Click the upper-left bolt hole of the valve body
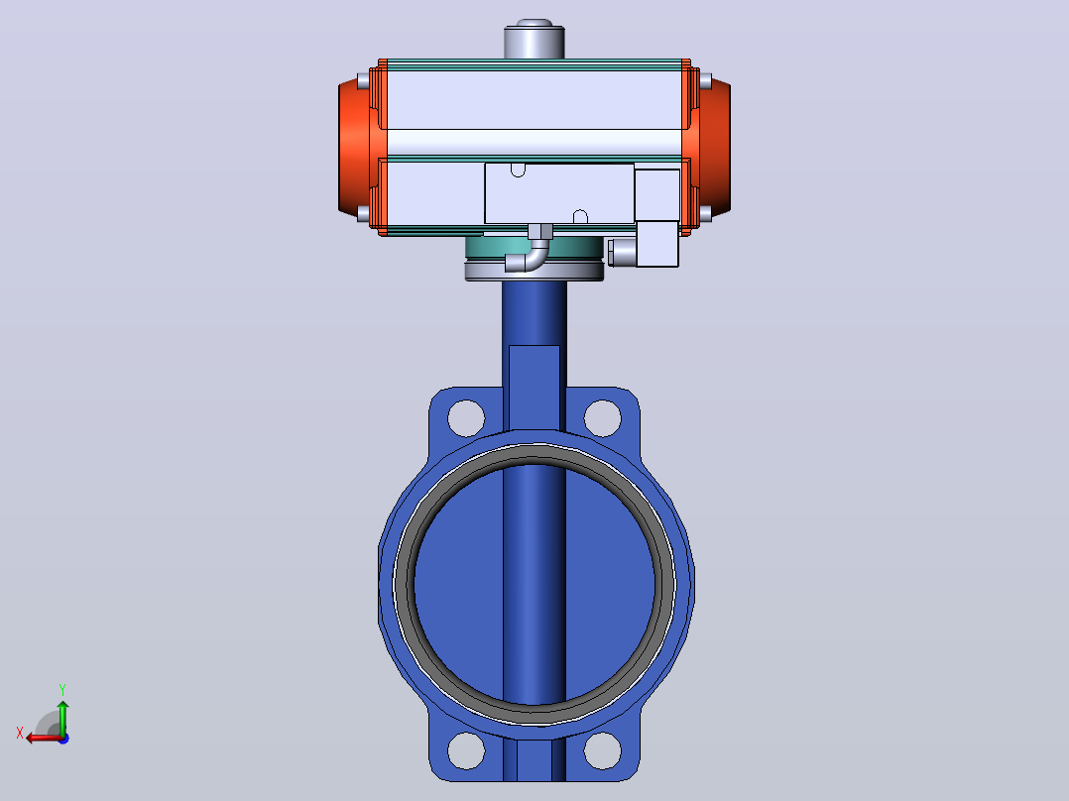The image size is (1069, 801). [466, 418]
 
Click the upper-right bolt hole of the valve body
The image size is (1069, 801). [603, 418]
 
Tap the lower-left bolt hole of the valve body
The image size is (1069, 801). [466, 750]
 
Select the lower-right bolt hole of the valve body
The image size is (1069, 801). [603, 750]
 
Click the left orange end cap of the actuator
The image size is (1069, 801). [355, 148]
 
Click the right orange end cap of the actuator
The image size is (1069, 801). [714, 148]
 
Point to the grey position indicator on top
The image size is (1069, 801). [534, 40]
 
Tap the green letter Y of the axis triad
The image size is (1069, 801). [62, 690]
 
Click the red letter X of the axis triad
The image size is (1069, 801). [20, 734]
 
